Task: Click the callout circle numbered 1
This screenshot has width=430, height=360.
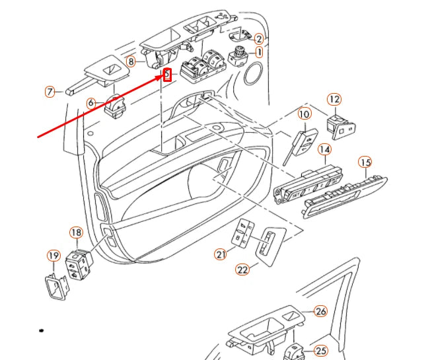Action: (259, 52)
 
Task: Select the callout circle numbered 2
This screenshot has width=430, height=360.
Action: (259, 39)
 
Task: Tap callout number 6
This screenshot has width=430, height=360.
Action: (91, 102)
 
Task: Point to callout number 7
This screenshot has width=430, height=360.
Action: (50, 91)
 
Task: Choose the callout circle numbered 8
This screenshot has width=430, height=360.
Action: (131, 62)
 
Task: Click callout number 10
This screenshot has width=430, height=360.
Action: (303, 114)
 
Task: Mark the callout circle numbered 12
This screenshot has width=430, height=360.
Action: (334, 100)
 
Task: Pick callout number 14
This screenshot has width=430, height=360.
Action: (324, 150)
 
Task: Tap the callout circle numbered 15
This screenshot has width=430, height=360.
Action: (365, 162)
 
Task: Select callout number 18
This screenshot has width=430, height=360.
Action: (77, 233)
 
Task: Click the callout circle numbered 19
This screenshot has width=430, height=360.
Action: (52, 256)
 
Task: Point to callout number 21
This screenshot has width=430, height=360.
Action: (220, 254)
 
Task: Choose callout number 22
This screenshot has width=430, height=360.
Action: (243, 269)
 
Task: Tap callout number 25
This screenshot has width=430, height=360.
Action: (321, 350)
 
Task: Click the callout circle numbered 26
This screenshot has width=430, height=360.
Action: (320, 311)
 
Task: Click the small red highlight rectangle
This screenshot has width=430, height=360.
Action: (167, 74)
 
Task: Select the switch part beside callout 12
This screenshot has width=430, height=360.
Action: (343, 128)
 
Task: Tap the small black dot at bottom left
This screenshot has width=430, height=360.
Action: (42, 328)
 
